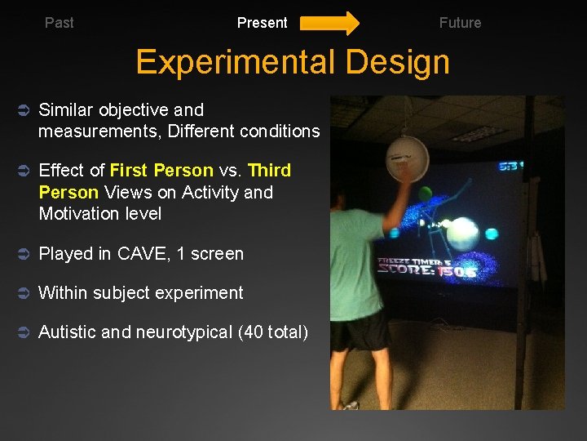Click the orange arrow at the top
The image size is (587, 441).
point(329,23)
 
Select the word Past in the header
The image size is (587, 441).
point(59,23)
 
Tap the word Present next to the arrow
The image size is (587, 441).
point(262,23)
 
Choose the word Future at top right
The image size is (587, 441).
point(460,23)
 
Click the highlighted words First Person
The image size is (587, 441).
point(161,171)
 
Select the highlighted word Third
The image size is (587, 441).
point(269,171)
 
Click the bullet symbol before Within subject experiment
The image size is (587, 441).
point(23,293)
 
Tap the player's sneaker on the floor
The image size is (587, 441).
point(350,404)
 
